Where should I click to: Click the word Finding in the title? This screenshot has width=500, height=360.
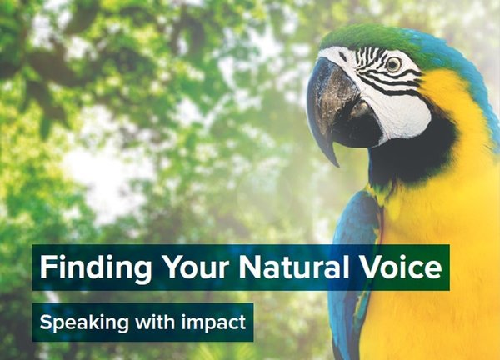96,267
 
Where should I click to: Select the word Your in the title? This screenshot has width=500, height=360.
196,267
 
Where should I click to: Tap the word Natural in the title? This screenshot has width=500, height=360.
294,267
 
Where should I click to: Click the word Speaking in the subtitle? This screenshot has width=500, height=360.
84,322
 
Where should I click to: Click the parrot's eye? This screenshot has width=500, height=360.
393,64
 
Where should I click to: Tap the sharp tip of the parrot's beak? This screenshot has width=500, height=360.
337,165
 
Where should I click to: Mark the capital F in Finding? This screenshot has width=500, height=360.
47,267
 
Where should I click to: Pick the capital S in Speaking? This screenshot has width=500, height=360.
46,322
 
